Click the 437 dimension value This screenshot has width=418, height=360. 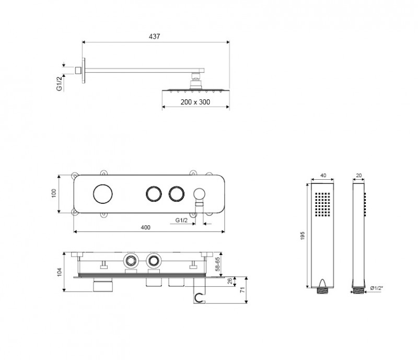click(154, 36)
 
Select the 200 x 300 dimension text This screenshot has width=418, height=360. click(195, 102)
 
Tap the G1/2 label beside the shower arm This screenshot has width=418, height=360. click(60, 83)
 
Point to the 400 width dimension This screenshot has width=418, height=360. click(145, 227)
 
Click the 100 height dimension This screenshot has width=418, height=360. click(54, 193)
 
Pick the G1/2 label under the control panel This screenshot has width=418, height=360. click(181, 220)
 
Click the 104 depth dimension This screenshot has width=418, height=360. click(59, 272)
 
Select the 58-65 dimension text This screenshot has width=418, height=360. click(217, 264)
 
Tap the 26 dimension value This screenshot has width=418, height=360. click(230, 281)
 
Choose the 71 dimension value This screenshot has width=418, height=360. click(242, 290)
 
